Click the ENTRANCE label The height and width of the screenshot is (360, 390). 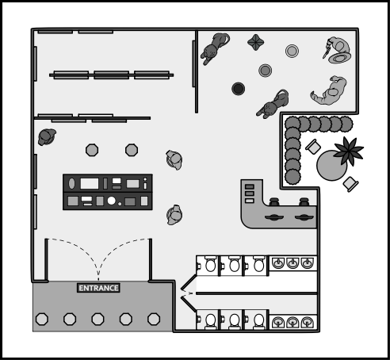[x=98, y=288]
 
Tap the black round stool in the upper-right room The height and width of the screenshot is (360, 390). [x=238, y=89]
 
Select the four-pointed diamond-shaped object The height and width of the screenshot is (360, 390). [x=255, y=42]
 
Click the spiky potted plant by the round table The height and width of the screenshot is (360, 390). [x=348, y=151]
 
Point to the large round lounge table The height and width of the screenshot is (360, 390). [x=331, y=166]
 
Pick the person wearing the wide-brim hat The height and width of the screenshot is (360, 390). [x=338, y=50]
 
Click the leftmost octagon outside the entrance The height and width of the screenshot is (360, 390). [x=42, y=319]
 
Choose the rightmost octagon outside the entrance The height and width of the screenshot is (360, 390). [x=154, y=319]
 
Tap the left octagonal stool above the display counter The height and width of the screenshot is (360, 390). [x=92, y=150]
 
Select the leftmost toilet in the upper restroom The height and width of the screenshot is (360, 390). [x=210, y=264]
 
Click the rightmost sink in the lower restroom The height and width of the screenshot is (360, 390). [x=307, y=322]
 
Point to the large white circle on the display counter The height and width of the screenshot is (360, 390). [x=112, y=201]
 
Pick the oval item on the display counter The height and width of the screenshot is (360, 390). [x=71, y=183]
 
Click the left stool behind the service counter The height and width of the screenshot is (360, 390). [x=274, y=201]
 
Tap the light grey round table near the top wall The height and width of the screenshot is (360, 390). [x=292, y=51]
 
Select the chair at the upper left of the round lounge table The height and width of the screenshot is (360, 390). [x=313, y=147]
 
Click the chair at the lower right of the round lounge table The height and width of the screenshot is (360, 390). [x=350, y=184]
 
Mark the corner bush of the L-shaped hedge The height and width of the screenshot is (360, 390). [x=292, y=124]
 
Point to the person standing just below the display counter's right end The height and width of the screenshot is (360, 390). [x=174, y=215]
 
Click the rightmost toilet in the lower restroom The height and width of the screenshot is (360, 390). [x=259, y=320]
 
